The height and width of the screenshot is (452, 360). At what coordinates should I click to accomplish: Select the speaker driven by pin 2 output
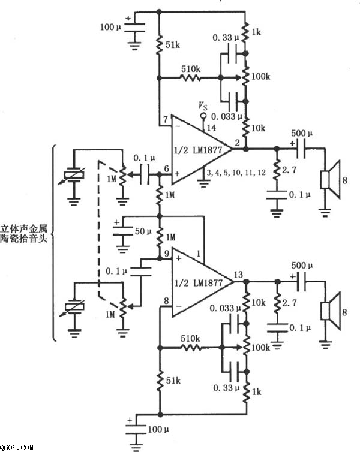329,179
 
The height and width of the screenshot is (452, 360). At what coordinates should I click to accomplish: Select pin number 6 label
166,168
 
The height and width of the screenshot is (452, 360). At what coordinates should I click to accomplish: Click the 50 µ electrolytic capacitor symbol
122,230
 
